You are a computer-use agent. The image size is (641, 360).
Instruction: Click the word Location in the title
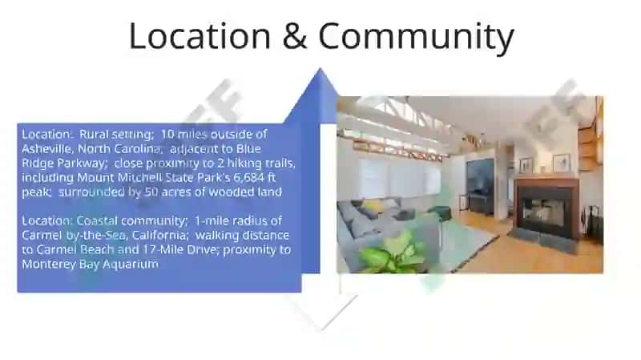(x=200, y=36)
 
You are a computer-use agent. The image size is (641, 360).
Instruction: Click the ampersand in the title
(x=294, y=36)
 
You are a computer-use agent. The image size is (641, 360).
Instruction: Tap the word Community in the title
(x=416, y=38)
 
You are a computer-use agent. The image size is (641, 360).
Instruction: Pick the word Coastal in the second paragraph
(x=97, y=221)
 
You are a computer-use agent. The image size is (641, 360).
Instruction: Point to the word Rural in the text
(x=94, y=134)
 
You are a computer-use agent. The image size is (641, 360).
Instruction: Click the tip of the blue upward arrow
(x=320, y=68)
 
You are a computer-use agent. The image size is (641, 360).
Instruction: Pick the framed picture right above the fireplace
(x=562, y=163)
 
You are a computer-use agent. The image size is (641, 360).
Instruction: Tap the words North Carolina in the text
(x=119, y=148)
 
